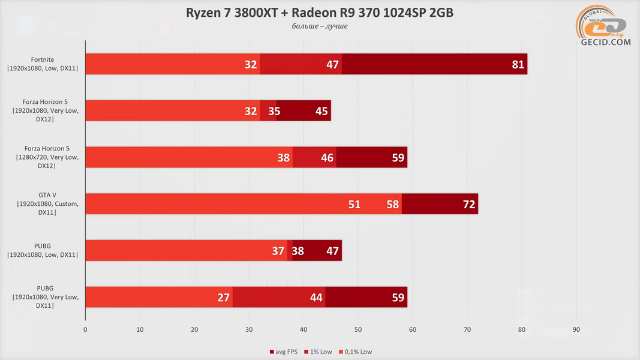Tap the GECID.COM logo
pyautogui.click(x=604, y=30)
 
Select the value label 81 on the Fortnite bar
pyautogui.click(x=518, y=64)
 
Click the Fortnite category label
pyautogui.click(x=43, y=64)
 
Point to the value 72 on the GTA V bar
pyautogui.click(x=469, y=204)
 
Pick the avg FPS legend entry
pyautogui.click(x=284, y=352)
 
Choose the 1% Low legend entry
pyautogui.click(x=319, y=352)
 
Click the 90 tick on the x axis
pyautogui.click(x=576, y=329)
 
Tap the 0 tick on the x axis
pyautogui.click(x=85, y=329)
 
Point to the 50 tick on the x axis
pyautogui.click(x=358, y=329)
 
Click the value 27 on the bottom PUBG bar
pyautogui.click(x=224, y=297)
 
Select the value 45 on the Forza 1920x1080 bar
pyautogui.click(x=321, y=111)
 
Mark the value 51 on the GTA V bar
pyautogui.click(x=354, y=204)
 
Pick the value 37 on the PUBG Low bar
pyautogui.click(x=278, y=251)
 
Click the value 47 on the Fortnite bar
pyautogui.click(x=333, y=64)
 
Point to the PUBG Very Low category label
pyautogui.click(x=43, y=297)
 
